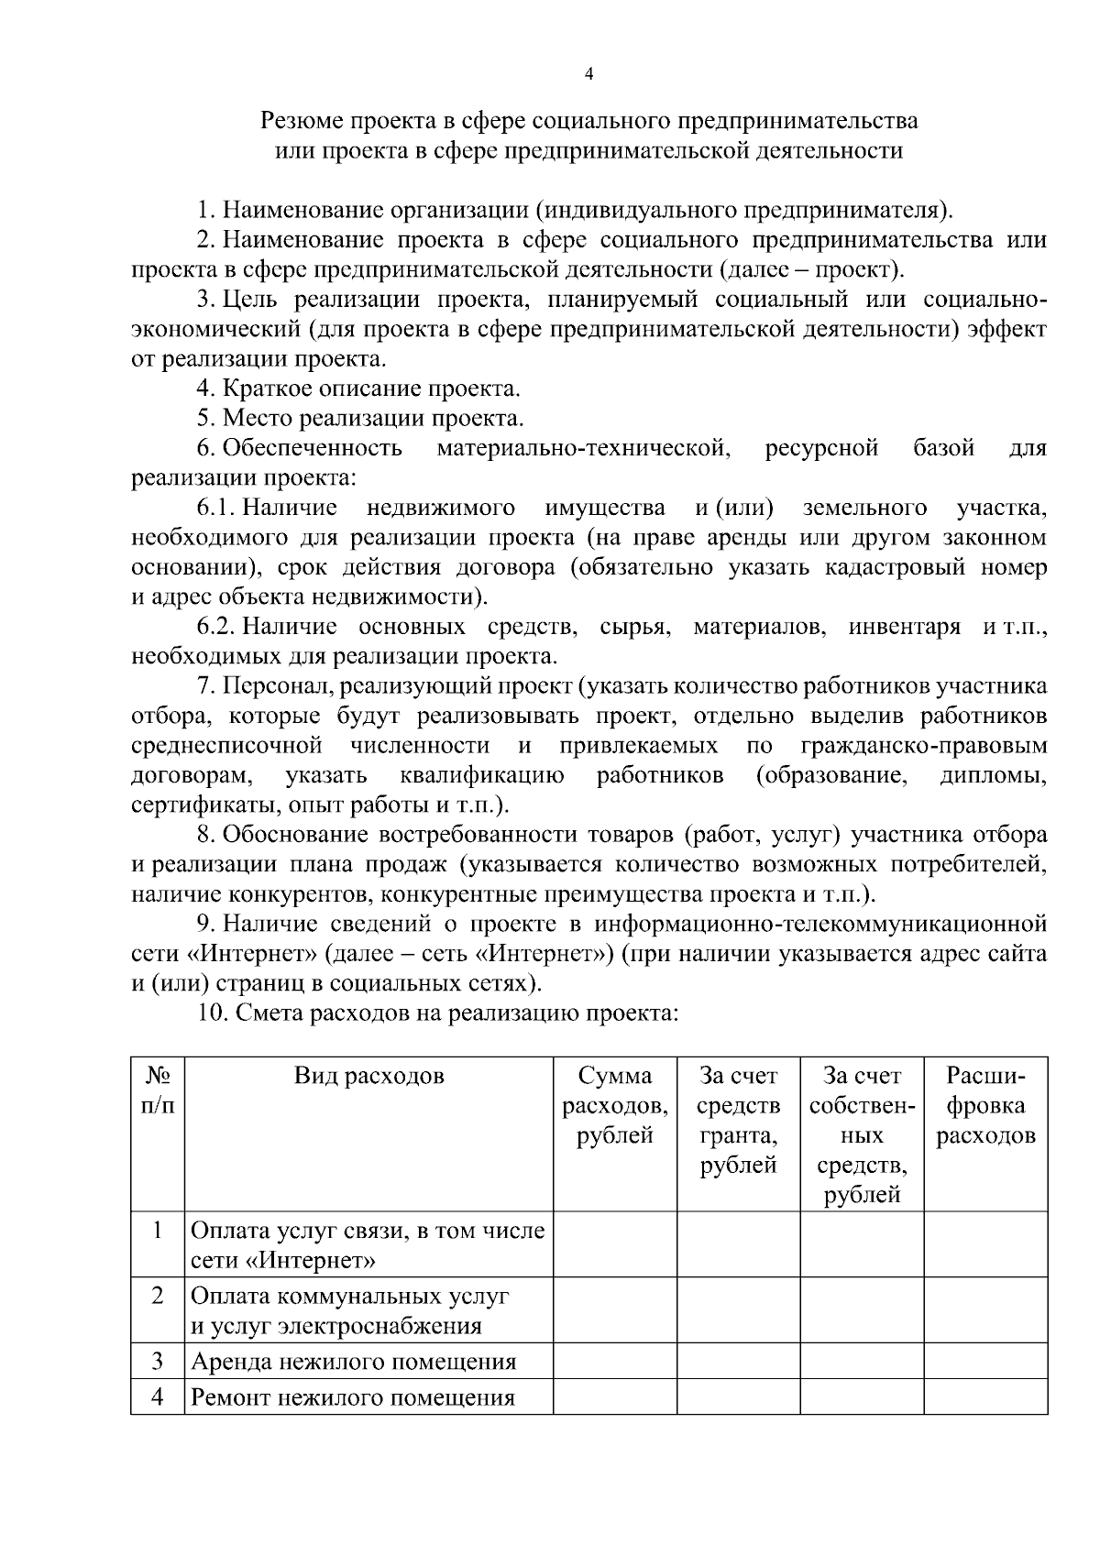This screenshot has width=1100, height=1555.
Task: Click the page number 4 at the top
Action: [x=588, y=75]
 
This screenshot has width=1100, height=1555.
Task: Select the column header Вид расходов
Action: [x=368, y=1076]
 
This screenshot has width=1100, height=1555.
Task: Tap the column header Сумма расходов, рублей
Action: [x=615, y=1106]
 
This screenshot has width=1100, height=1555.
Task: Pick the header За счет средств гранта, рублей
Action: [x=738, y=1121]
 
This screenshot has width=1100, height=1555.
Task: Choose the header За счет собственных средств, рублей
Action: [x=862, y=1135]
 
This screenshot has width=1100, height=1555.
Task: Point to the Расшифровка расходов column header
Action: [x=984, y=1106]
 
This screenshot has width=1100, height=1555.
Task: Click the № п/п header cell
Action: [x=158, y=1090]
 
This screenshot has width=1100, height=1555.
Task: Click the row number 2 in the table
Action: [x=158, y=1297]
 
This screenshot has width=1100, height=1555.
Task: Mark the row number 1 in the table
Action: [x=158, y=1231]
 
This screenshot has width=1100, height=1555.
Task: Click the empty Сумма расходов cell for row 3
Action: [x=615, y=1362]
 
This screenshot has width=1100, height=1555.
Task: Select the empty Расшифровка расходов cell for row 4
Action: [x=984, y=1398]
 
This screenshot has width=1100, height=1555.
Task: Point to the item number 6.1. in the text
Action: [x=216, y=507]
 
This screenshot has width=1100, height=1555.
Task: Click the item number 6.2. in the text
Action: [x=216, y=627]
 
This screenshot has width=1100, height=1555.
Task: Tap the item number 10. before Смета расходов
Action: [x=213, y=1013]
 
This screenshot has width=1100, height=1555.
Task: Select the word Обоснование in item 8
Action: [x=293, y=835]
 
